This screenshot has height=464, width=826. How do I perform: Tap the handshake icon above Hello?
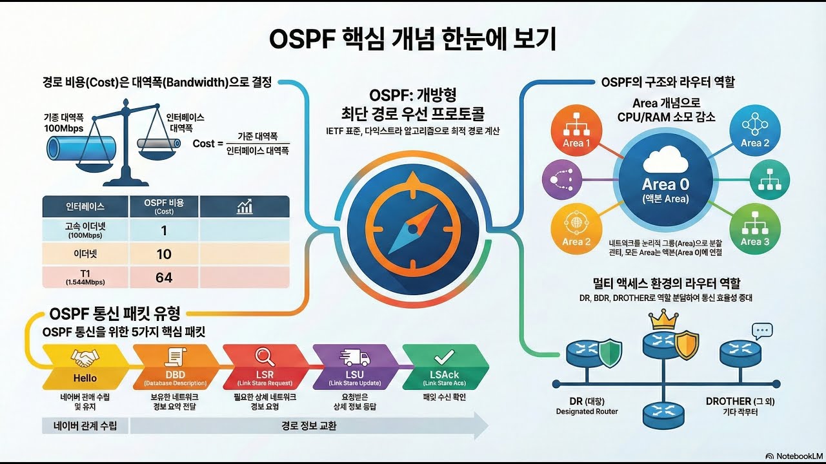pos(85,358)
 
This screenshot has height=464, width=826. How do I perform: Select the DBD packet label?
pos(175,375)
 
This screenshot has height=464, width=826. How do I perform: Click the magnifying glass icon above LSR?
pos(265,356)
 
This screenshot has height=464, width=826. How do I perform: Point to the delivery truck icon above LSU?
pos(354,357)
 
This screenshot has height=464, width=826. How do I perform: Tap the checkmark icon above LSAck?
pos(445,356)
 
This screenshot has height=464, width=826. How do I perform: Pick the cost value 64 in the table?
pos(164,277)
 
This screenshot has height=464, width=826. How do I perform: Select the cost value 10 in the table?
pos(164,255)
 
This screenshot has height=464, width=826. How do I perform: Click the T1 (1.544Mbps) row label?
pos(85,277)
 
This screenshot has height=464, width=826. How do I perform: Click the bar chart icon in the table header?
pos(245,206)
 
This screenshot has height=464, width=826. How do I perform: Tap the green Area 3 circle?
pos(754,230)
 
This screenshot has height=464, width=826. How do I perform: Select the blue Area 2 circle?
pos(754,130)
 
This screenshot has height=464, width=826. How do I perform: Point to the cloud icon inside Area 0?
pos(665,159)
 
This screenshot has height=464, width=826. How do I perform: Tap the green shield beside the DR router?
pos(610,353)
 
